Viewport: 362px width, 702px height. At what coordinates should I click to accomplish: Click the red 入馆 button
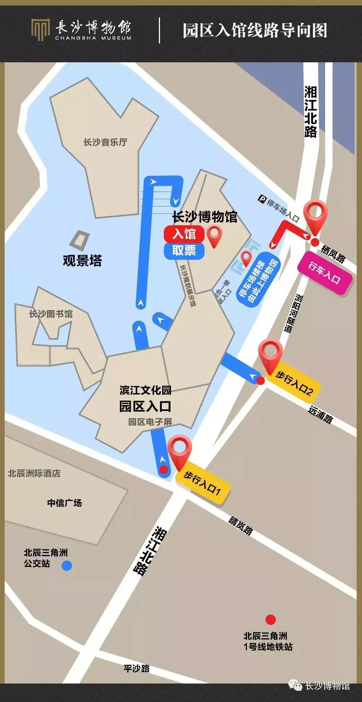[x=184, y=234]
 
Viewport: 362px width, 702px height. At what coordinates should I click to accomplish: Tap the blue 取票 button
[x=184, y=251]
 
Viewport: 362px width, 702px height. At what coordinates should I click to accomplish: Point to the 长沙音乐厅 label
[x=105, y=142]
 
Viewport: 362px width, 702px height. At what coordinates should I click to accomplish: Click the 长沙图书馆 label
[x=51, y=314]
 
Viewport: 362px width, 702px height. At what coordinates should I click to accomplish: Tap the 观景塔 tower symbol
[x=81, y=239]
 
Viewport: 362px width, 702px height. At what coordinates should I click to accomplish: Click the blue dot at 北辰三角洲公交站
[x=67, y=565]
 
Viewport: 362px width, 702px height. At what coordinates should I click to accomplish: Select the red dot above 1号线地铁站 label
[x=270, y=620]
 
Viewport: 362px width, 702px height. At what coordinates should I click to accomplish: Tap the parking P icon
[x=262, y=199]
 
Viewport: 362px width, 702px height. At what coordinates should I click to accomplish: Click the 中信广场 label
[x=64, y=503]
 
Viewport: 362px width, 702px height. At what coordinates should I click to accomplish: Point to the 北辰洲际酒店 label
[x=34, y=473]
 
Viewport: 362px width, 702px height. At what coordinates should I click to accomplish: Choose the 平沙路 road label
[x=136, y=668]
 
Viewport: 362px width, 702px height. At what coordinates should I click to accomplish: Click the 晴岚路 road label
[x=241, y=526]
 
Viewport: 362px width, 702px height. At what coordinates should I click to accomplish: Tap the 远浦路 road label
[x=320, y=414]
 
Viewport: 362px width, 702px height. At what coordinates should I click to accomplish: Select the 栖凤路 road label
[x=333, y=253]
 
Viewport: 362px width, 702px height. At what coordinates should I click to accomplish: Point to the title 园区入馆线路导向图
[x=254, y=30]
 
